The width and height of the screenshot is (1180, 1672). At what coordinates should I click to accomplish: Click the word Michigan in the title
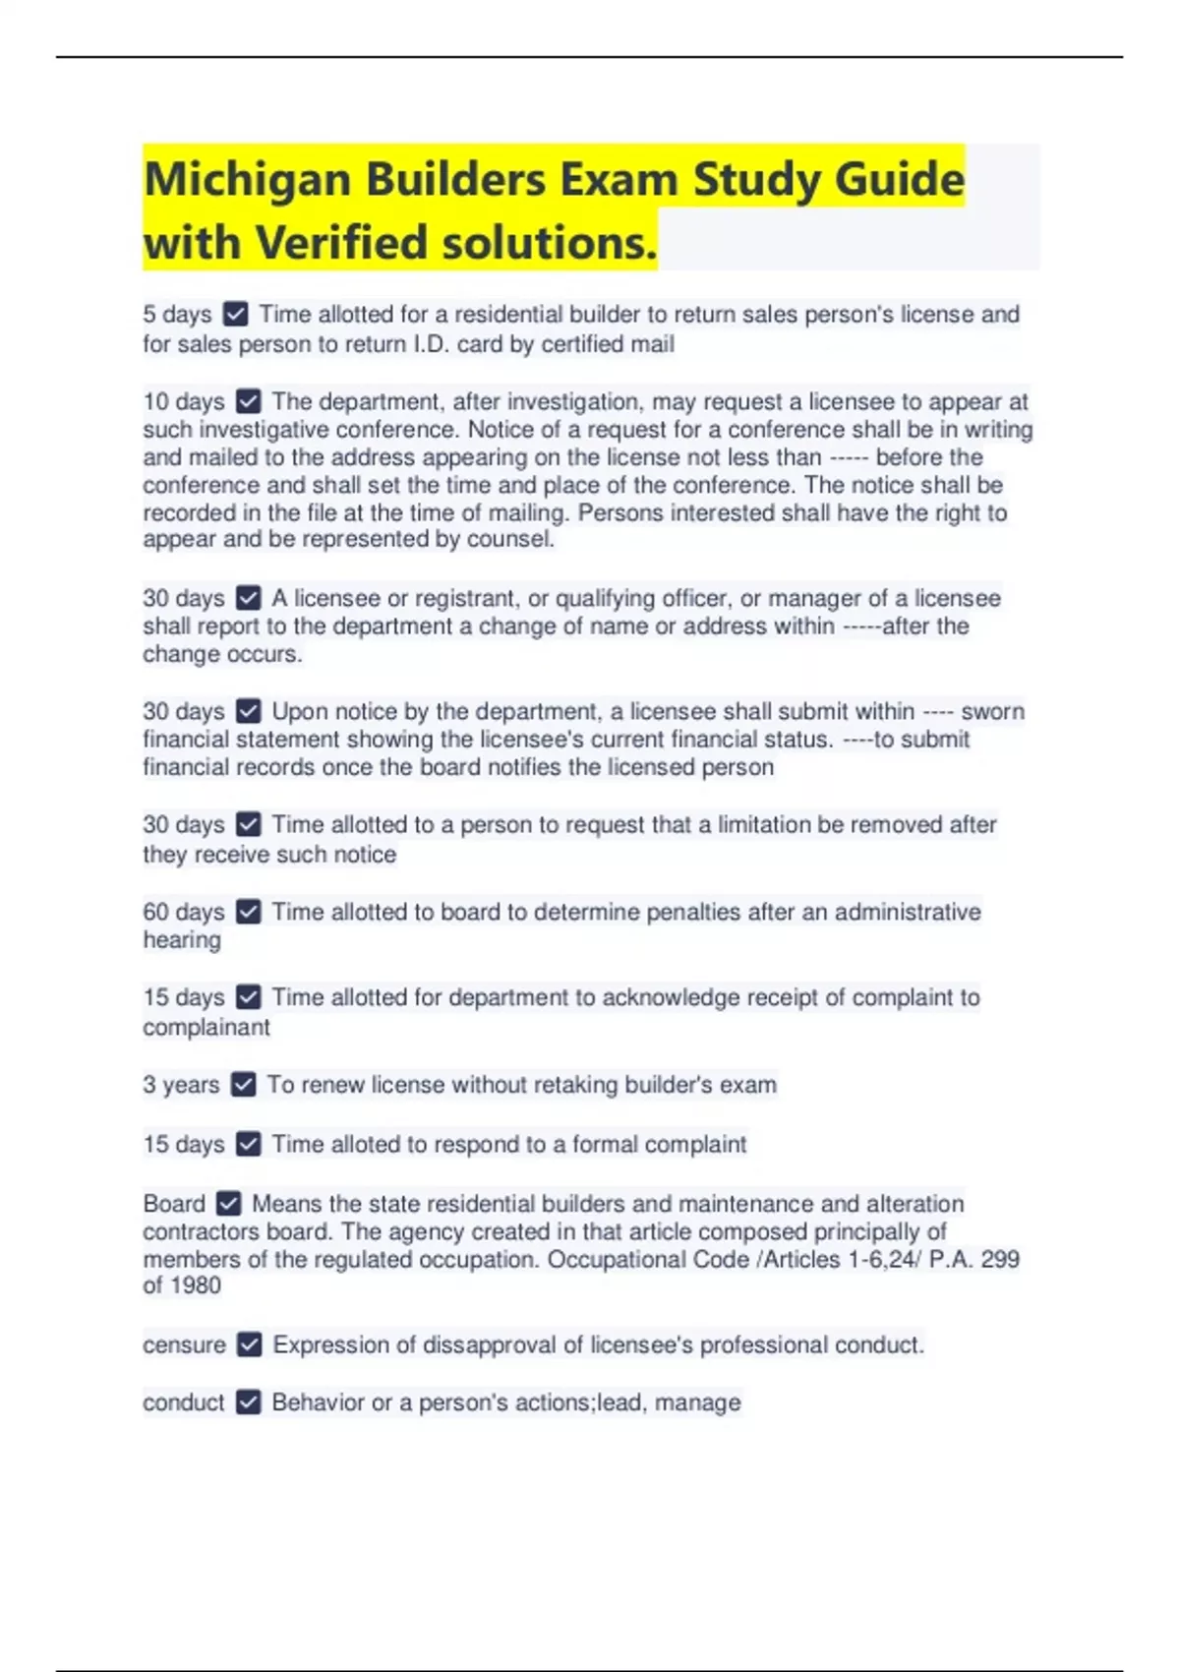(247, 180)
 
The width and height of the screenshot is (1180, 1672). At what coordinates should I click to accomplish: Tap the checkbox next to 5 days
(236, 315)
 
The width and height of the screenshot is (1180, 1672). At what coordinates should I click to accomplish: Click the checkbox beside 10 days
(249, 401)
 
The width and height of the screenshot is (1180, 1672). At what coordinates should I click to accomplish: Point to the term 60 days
(184, 912)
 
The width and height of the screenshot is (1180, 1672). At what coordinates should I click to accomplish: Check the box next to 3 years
(243, 1085)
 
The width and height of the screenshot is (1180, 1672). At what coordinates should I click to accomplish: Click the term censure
(184, 1344)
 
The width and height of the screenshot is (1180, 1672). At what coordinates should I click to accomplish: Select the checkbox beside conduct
(249, 1403)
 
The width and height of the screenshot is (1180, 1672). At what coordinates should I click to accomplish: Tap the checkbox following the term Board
(229, 1204)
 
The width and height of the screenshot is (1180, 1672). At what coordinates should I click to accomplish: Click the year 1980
(195, 1285)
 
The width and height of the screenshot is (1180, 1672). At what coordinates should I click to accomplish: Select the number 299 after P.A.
(1000, 1259)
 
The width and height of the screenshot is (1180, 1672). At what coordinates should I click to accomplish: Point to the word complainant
(206, 1027)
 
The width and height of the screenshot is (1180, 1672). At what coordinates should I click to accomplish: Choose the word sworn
(992, 711)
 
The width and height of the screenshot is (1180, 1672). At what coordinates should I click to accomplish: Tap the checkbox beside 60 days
(249, 912)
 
